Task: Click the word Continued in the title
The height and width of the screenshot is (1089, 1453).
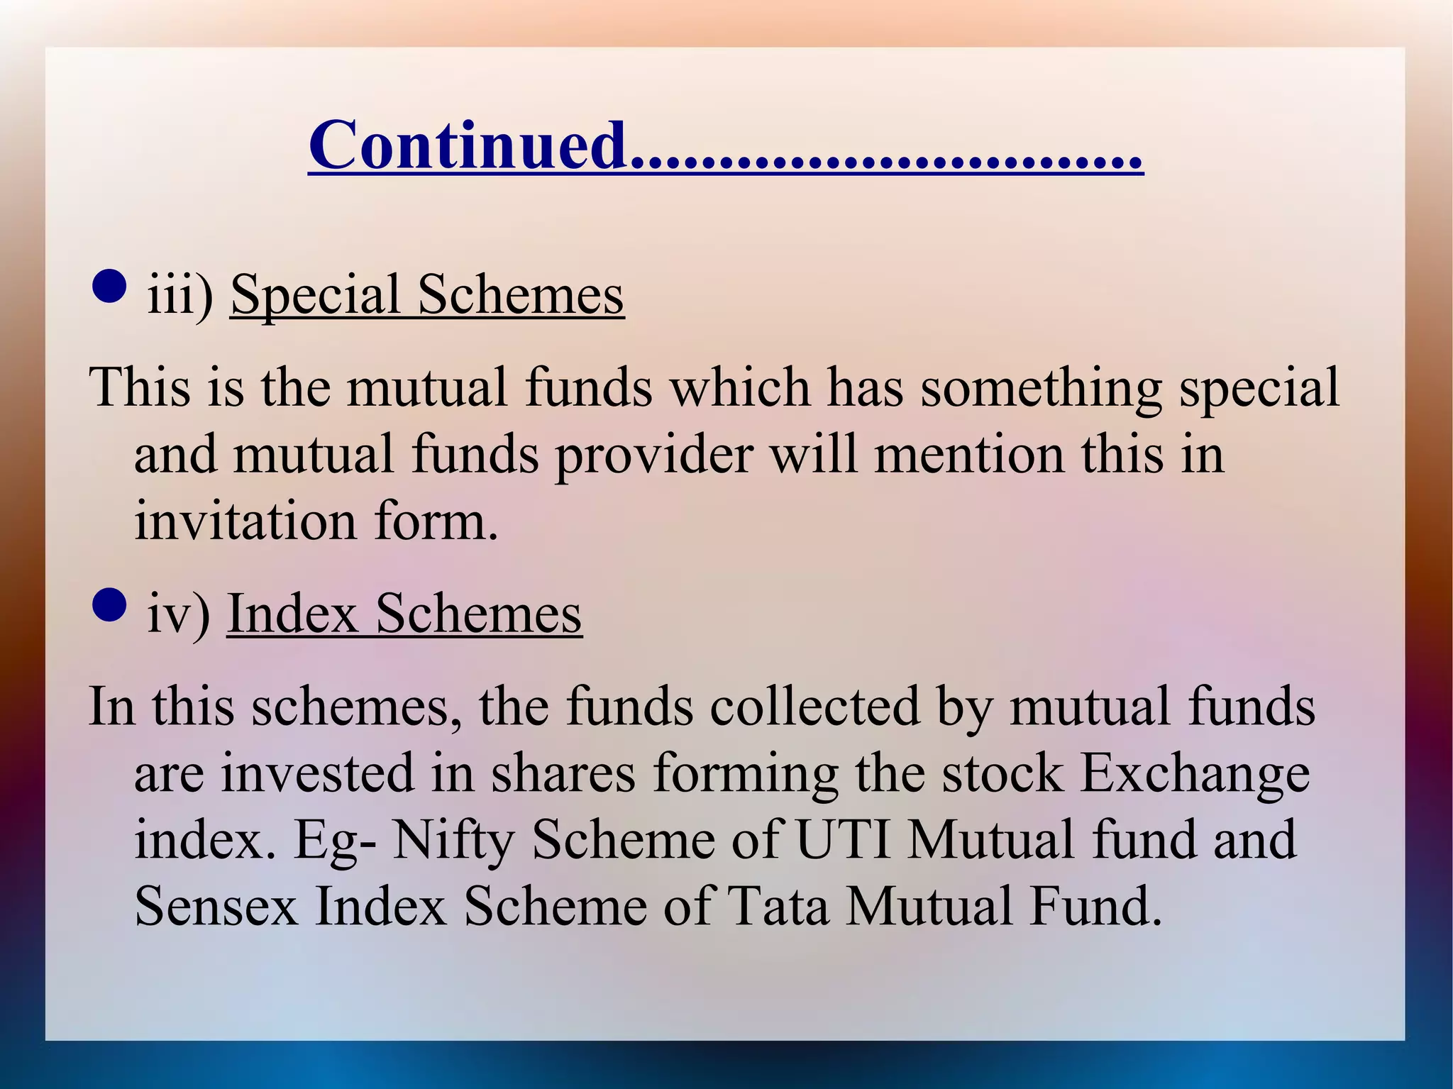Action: tap(468, 145)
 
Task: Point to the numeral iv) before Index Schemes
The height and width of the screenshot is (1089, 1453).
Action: tap(178, 614)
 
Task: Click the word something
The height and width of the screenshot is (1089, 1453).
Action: tap(1041, 389)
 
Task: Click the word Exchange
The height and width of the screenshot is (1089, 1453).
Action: tap(1195, 774)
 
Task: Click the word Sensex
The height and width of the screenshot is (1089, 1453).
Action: tap(216, 907)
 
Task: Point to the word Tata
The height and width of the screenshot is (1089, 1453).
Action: tap(778, 907)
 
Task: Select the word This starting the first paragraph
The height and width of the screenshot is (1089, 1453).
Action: tap(140, 389)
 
